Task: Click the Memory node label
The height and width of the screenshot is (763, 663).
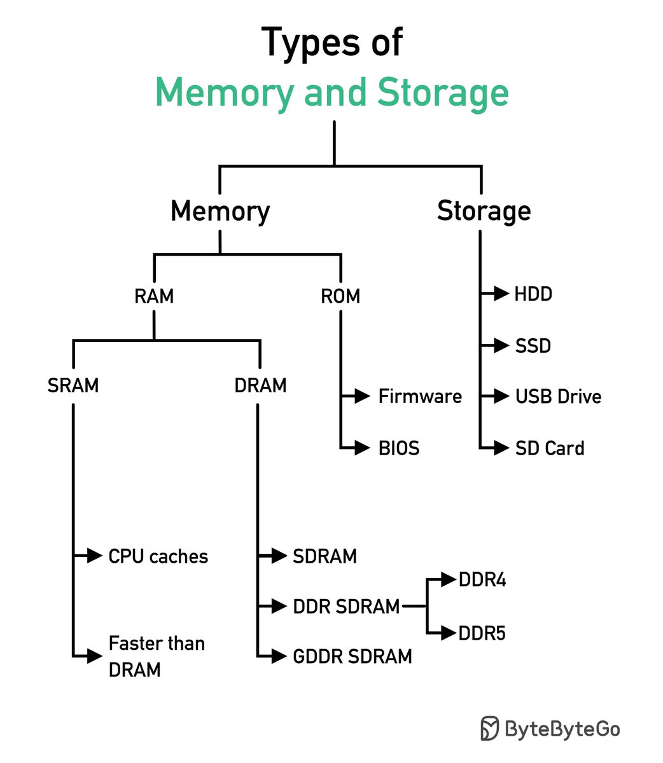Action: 220,211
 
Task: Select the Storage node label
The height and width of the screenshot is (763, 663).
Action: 484,211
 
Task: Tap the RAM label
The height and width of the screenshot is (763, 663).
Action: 154,296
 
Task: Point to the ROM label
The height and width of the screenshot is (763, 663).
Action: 340,296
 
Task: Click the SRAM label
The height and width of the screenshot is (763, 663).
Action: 73,385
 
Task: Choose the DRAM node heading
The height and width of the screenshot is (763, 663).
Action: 260,385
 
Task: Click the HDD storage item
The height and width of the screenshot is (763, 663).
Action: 533,294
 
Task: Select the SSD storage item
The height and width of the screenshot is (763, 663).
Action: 533,346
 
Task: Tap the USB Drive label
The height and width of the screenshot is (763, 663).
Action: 558,397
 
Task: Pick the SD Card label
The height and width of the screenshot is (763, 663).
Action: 550,448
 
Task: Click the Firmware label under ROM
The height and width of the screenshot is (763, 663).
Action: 420,397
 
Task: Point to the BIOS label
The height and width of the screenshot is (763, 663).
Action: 399,448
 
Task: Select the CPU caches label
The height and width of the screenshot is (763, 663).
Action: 158,556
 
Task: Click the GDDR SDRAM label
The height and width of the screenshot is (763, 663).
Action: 352,656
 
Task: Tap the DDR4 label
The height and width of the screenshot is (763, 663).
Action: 482,581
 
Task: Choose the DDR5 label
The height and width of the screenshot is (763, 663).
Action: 482,634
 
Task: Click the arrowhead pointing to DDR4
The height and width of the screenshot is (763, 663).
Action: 450,580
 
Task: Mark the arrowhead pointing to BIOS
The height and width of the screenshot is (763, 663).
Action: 362,448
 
